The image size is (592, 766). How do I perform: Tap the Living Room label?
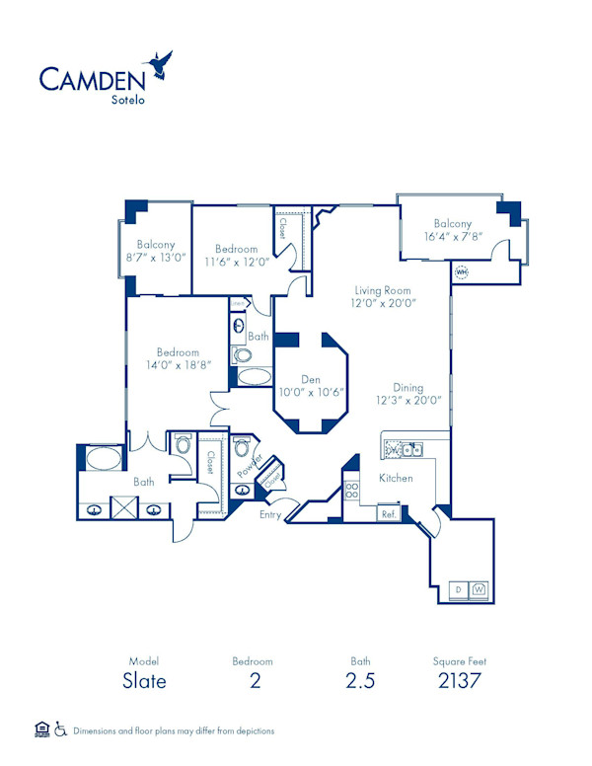point(384,291)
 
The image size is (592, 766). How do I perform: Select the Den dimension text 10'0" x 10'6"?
point(309,391)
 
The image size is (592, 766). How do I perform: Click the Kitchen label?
point(396,479)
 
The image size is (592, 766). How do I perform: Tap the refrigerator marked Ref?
point(389,514)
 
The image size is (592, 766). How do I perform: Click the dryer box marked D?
point(458,589)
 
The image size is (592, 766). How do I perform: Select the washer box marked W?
point(479,589)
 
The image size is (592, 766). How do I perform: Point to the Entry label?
point(270,514)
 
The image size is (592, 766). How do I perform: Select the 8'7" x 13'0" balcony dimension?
point(156,257)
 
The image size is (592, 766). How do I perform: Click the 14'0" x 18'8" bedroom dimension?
point(178,365)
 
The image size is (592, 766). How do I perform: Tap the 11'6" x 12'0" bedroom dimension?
point(237,263)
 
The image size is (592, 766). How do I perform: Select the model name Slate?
point(144,681)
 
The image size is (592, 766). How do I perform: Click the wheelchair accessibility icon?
point(61,730)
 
